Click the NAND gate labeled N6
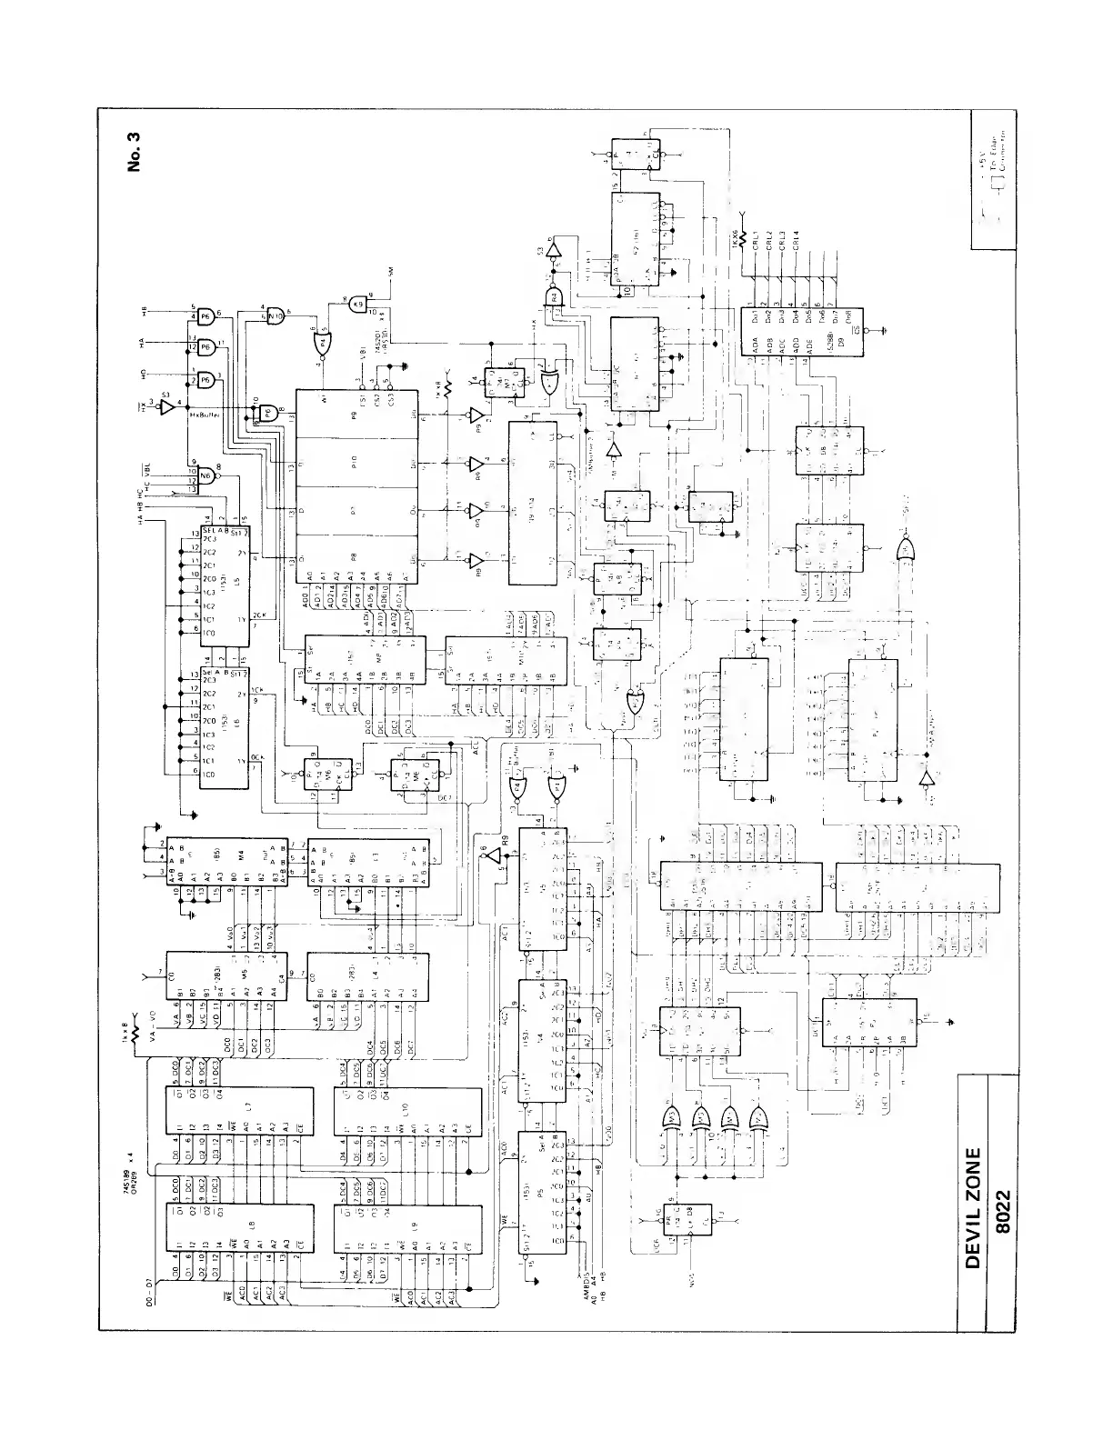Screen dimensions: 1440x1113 205,475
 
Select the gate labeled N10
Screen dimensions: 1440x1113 275,316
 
